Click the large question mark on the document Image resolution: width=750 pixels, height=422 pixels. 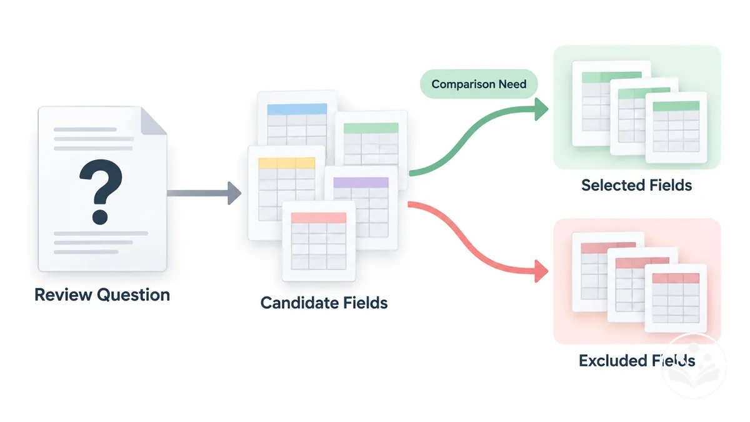coord(101,191)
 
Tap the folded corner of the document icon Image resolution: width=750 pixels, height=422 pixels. coord(152,121)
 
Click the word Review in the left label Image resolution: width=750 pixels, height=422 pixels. coord(63,294)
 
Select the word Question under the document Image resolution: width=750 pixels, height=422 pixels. coord(133,295)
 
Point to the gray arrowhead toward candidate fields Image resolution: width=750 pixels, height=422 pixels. coord(234,193)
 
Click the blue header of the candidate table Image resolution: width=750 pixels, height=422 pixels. coord(297,109)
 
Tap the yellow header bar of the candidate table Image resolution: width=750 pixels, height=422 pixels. coord(287,163)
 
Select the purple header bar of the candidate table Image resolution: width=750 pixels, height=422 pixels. coord(361,183)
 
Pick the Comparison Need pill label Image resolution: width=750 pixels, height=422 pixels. coord(479,84)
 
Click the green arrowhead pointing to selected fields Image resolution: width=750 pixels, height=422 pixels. coord(541,109)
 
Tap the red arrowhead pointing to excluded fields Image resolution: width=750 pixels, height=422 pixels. coord(541,271)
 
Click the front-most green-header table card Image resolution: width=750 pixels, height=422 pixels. coord(676,128)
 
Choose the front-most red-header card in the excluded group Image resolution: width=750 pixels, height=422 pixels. coord(676,298)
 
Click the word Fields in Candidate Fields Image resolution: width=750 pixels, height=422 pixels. coord(364,303)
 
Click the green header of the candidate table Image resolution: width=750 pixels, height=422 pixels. coord(371,128)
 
